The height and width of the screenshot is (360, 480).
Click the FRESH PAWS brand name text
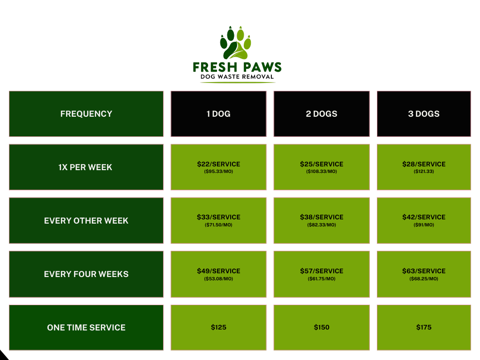(x=237, y=67)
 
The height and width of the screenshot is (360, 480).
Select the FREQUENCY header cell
(x=86, y=114)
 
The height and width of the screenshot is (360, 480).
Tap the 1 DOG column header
(x=218, y=114)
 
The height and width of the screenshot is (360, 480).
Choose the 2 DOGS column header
(x=322, y=114)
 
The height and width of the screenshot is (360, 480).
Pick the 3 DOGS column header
(x=424, y=114)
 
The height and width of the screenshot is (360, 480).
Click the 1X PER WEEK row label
(x=85, y=167)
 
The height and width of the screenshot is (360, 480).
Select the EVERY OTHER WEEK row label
(x=86, y=221)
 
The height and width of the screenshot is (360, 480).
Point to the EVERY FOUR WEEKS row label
(x=86, y=274)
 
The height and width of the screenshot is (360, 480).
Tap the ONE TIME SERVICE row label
(x=86, y=328)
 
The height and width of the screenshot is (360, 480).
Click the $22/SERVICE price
(x=218, y=164)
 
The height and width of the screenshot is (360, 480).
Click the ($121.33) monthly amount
(x=424, y=172)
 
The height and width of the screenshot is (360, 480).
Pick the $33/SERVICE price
(x=218, y=217)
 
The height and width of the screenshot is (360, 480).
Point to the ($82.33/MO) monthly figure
(x=322, y=225)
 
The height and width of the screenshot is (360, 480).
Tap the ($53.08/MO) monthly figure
(x=218, y=279)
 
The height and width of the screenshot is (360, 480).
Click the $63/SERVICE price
(x=424, y=271)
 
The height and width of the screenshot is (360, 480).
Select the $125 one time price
(x=218, y=327)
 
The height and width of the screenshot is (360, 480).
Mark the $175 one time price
(x=424, y=327)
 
